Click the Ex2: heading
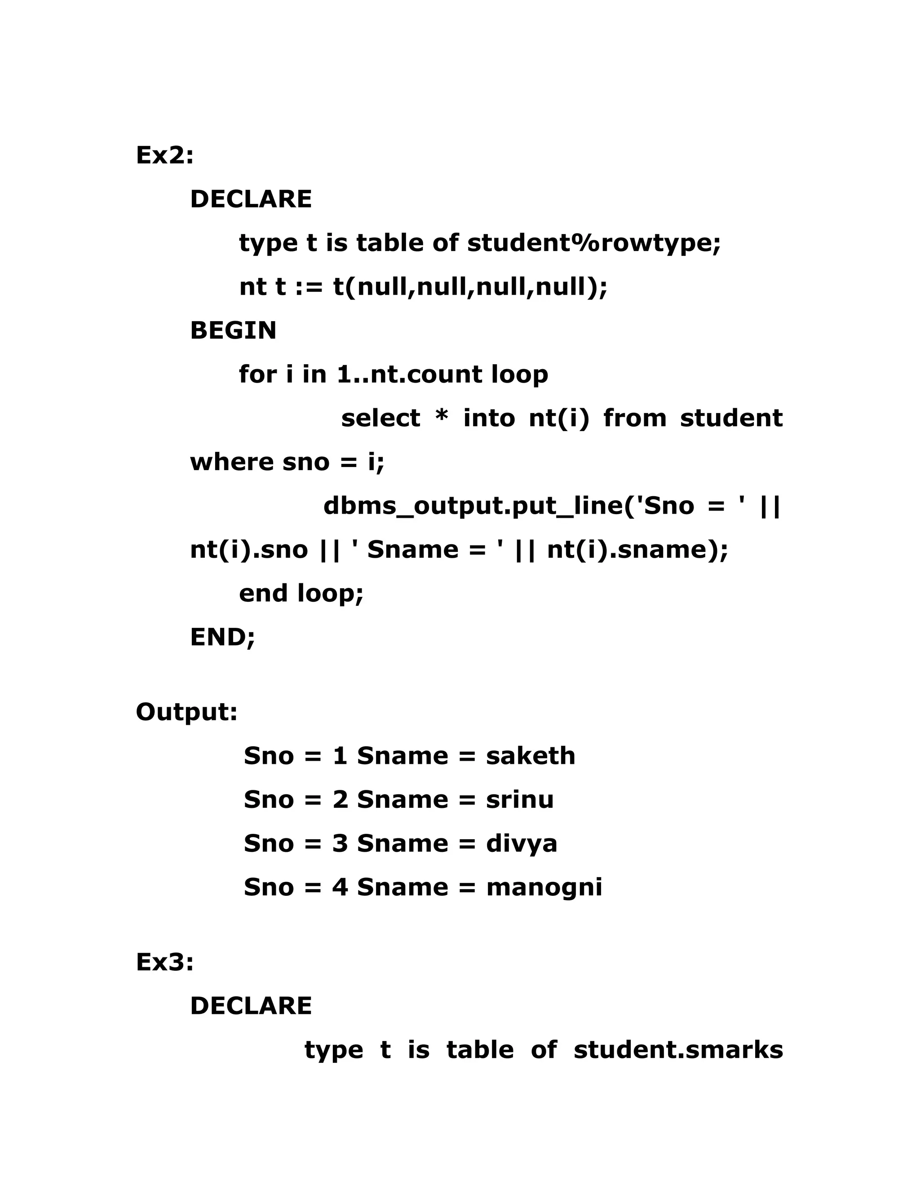tap(164, 155)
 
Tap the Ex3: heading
tap(164, 962)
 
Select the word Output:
tap(186, 712)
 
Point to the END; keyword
tap(222, 637)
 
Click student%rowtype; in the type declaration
tap(594, 243)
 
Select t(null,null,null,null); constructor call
tap(470, 287)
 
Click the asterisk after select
tap(442, 418)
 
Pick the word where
tap(232, 462)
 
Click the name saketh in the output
tap(531, 756)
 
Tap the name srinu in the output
tap(519, 800)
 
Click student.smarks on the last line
tap(678, 1050)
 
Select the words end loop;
tap(301, 593)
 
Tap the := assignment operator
tap(310, 287)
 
